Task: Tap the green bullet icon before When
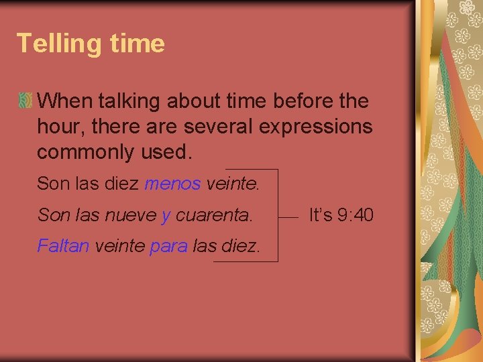25,101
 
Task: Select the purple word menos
172,183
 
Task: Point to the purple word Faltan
63,246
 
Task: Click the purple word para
168,246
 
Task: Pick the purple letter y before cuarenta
166,215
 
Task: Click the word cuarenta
214,215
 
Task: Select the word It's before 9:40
321,215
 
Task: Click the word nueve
131,215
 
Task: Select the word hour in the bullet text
57,127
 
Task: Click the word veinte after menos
231,183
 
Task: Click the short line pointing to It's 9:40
288,216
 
